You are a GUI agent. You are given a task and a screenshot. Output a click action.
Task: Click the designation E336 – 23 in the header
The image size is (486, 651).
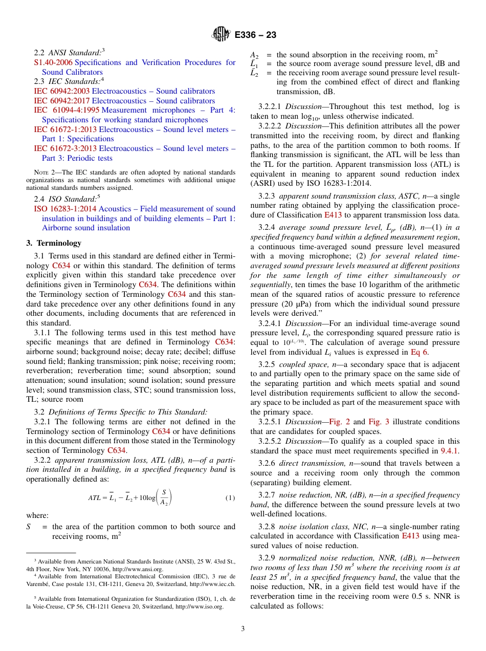[256, 35]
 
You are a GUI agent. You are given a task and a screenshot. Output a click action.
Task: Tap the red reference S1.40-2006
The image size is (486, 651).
[53, 62]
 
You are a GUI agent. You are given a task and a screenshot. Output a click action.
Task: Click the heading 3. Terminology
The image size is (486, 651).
[54, 243]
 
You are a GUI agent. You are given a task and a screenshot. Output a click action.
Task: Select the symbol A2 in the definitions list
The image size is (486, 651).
[254, 55]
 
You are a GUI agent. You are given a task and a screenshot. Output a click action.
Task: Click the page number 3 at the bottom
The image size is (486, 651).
[243, 629]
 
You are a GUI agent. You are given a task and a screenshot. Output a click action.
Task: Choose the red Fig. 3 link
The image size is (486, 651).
[379, 422]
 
